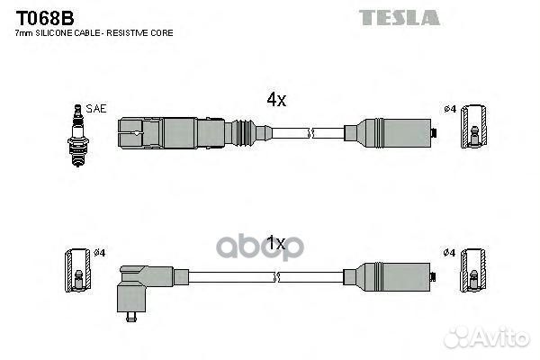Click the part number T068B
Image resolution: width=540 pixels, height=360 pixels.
[45, 18]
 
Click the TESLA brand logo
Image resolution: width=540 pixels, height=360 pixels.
[399, 18]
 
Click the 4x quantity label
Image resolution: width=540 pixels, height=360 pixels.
[276, 100]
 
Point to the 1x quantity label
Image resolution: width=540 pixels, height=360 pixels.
[276, 243]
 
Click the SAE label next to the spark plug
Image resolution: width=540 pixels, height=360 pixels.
[96, 109]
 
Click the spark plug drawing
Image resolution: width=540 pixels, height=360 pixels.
[78, 136]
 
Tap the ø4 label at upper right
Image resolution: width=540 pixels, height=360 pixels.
[450, 109]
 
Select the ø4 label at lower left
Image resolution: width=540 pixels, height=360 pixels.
[99, 253]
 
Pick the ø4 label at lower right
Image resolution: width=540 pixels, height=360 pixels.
[449, 253]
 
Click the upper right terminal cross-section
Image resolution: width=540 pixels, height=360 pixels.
[474, 126]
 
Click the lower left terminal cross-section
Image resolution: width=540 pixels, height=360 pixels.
[78, 270]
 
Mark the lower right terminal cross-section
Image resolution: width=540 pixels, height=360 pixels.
[474, 270]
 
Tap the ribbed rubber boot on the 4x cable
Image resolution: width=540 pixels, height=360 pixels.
[244, 133]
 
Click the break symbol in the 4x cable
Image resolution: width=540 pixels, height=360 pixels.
[310, 133]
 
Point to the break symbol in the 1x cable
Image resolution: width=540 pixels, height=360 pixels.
[276, 276]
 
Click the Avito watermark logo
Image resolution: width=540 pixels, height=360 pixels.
[487, 337]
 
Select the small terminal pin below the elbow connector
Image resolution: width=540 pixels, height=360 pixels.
[131, 317]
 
